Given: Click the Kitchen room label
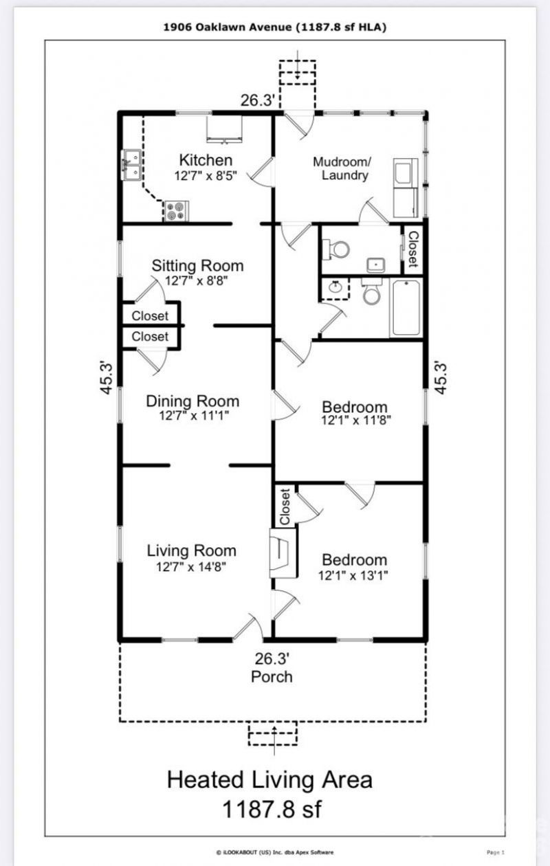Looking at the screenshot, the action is pos(206,160).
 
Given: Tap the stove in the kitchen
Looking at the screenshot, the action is pos(177,211).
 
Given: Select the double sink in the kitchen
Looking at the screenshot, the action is pos(131,165).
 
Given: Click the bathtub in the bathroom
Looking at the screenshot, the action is pos(406,309).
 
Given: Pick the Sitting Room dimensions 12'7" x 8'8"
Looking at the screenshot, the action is pos(196,280).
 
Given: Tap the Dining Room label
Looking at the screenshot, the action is pos(192,401).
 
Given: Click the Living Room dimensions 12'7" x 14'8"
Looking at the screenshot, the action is pos(191,567).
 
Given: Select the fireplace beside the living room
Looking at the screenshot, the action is pos(283,553).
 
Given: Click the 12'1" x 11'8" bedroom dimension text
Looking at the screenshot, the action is pos(356,420).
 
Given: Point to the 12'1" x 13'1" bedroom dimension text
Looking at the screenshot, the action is pos(353,576).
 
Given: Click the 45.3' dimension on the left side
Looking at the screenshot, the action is pos(107,378).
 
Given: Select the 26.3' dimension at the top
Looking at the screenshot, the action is pos(258,100).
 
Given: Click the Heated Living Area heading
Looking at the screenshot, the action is pos(269,779).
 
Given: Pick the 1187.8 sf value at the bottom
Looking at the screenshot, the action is pos(272,809).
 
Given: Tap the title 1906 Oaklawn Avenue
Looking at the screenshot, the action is pos(228,27).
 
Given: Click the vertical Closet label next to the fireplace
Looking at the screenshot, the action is pos(285,507).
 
